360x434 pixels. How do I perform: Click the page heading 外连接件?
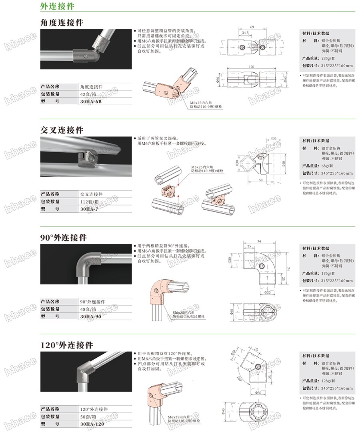57,6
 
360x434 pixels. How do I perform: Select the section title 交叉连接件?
62,130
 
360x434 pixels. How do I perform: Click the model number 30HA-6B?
91,102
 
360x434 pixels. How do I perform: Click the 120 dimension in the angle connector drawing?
252,66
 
